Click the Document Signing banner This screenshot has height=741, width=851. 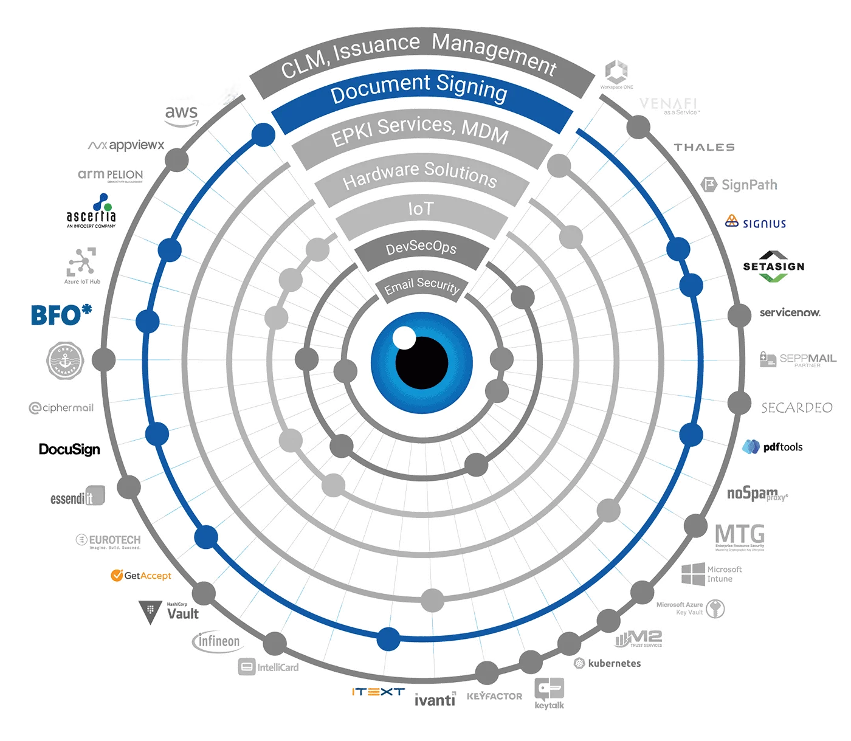click(x=419, y=91)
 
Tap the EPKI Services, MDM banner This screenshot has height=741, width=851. click(x=419, y=131)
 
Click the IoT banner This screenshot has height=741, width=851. click(x=420, y=210)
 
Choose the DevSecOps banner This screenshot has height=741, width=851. click(x=421, y=248)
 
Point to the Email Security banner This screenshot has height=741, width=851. click(x=421, y=286)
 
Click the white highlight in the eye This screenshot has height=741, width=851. click(x=403, y=337)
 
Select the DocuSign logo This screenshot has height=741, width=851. click(x=69, y=449)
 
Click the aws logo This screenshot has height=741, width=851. click(x=181, y=114)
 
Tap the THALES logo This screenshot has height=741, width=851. click(x=704, y=146)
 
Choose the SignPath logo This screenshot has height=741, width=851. click(x=740, y=184)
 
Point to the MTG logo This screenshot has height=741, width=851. click(x=740, y=535)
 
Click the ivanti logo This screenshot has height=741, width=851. click(x=435, y=700)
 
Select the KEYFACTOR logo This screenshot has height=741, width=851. click(x=495, y=695)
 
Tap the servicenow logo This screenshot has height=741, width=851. click(x=791, y=313)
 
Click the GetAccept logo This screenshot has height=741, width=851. click(x=142, y=575)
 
